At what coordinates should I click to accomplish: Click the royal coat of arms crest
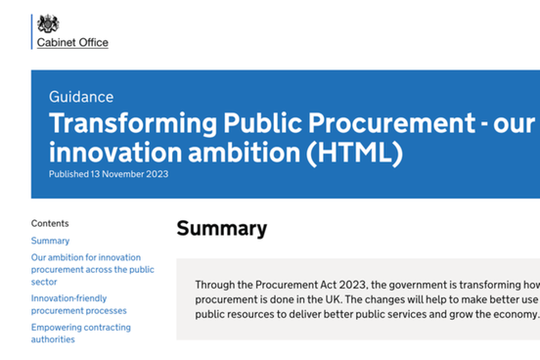(48, 23)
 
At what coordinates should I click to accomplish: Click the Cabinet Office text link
(72, 43)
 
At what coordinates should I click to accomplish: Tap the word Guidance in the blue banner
(80, 97)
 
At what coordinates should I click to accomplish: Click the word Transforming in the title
(131, 124)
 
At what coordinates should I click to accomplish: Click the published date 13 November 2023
(131, 174)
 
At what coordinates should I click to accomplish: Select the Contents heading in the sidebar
(50, 223)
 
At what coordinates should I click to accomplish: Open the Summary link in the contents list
(50, 241)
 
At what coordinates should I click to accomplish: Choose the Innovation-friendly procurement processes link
(78, 304)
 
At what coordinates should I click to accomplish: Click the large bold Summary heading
(221, 229)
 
